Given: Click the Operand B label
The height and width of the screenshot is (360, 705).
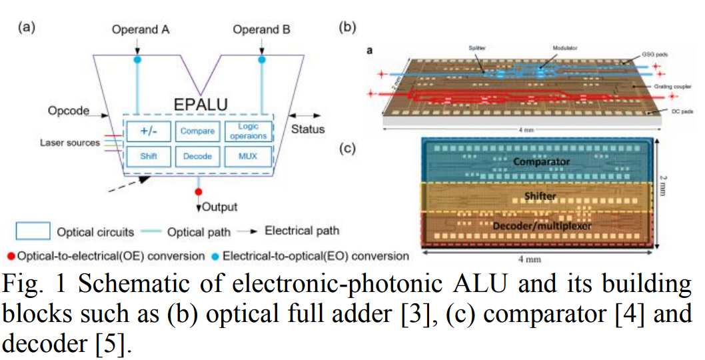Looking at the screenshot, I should click(x=261, y=29).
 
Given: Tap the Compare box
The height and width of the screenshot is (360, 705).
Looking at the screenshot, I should click(x=197, y=131).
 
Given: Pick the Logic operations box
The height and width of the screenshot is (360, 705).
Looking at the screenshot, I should click(x=247, y=131).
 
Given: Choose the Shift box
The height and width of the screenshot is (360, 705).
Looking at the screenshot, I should click(x=149, y=156).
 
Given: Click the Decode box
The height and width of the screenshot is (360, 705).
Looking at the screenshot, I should click(x=197, y=156).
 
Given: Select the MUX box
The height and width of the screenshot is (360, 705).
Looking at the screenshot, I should click(x=247, y=156).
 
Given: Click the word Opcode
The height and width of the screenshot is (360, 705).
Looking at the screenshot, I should click(x=68, y=111).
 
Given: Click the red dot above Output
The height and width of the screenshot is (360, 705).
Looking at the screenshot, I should click(x=198, y=193).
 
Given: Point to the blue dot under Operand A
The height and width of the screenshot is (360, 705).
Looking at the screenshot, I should click(x=138, y=60).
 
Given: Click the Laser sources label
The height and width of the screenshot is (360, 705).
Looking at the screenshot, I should click(x=68, y=142).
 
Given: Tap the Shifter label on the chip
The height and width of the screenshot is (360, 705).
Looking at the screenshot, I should click(x=539, y=196).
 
